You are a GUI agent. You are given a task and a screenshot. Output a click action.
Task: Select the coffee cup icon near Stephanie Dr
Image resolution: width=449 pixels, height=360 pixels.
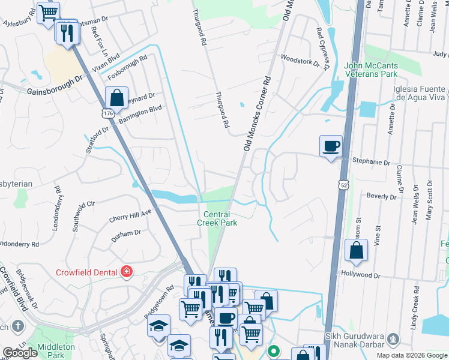point(330,146)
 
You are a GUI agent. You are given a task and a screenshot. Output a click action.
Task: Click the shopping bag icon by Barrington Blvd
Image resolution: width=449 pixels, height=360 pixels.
point(117,97)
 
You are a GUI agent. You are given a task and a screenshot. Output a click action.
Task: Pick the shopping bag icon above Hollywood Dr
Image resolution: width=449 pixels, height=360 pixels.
point(357,251)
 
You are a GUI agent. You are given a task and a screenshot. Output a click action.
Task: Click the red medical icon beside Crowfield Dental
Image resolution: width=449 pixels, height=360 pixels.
point(126,272)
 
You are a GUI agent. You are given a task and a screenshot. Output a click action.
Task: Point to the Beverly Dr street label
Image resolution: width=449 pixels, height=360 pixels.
point(381,196)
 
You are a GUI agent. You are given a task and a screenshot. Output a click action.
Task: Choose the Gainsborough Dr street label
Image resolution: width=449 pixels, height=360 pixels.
point(55,90)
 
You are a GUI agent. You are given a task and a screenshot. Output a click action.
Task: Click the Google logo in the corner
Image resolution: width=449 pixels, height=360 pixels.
point(20,353)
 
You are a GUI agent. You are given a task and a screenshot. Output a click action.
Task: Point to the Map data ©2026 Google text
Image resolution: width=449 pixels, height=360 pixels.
point(412,355)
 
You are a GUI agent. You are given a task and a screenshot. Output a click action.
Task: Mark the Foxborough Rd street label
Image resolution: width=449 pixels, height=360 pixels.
point(127,68)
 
